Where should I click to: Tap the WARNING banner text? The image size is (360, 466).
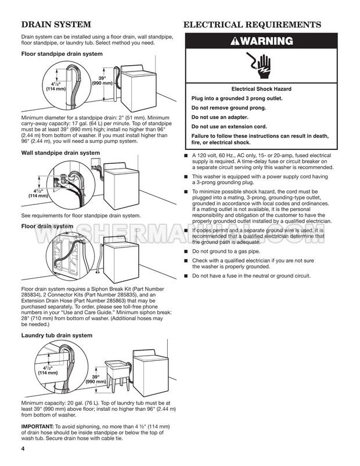(x=261, y=41)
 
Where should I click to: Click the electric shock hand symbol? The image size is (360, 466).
(x=261, y=66)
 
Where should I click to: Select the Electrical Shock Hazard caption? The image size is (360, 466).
(x=261, y=89)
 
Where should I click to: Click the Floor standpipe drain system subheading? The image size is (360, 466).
(x=62, y=54)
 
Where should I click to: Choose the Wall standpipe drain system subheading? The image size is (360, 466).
(x=60, y=153)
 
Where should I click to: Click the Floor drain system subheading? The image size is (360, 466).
(x=48, y=226)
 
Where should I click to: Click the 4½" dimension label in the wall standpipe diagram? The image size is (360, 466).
(x=38, y=193)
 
